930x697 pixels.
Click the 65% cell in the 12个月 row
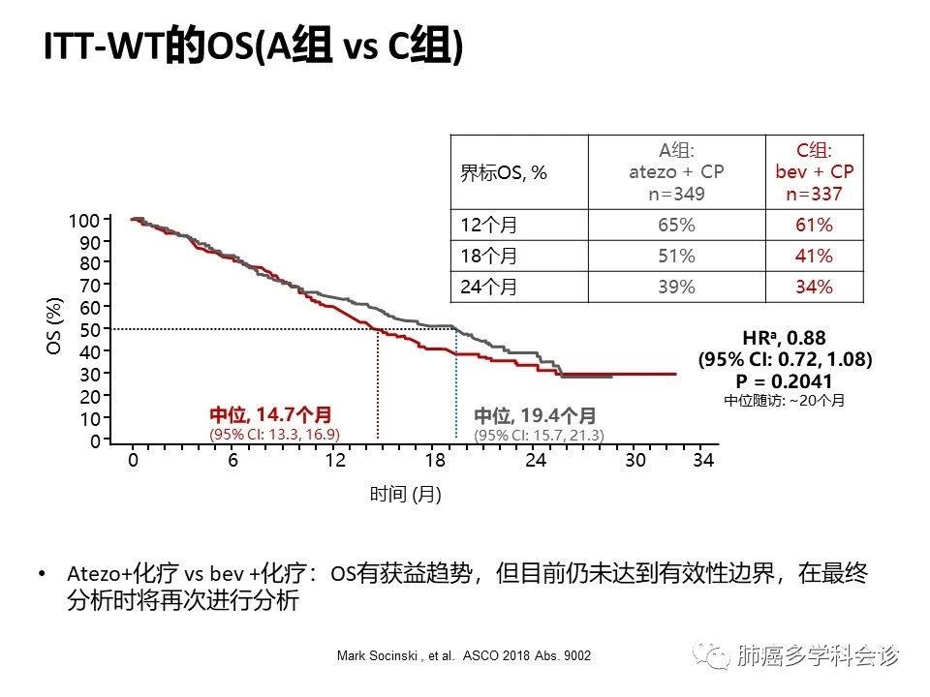(x=676, y=226)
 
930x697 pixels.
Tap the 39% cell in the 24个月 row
(x=676, y=288)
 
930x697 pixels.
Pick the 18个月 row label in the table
(x=488, y=257)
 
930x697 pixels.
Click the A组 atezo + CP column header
(x=676, y=171)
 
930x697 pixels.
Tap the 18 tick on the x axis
(x=435, y=461)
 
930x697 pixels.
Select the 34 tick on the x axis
(x=703, y=461)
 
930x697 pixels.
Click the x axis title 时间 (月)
(x=405, y=495)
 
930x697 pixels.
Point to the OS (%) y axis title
(x=55, y=326)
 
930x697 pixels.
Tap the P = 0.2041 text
(x=786, y=380)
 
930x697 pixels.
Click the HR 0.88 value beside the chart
(x=785, y=338)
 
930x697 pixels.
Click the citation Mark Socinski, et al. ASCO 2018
(x=464, y=656)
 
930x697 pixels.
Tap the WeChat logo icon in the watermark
(x=717, y=656)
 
